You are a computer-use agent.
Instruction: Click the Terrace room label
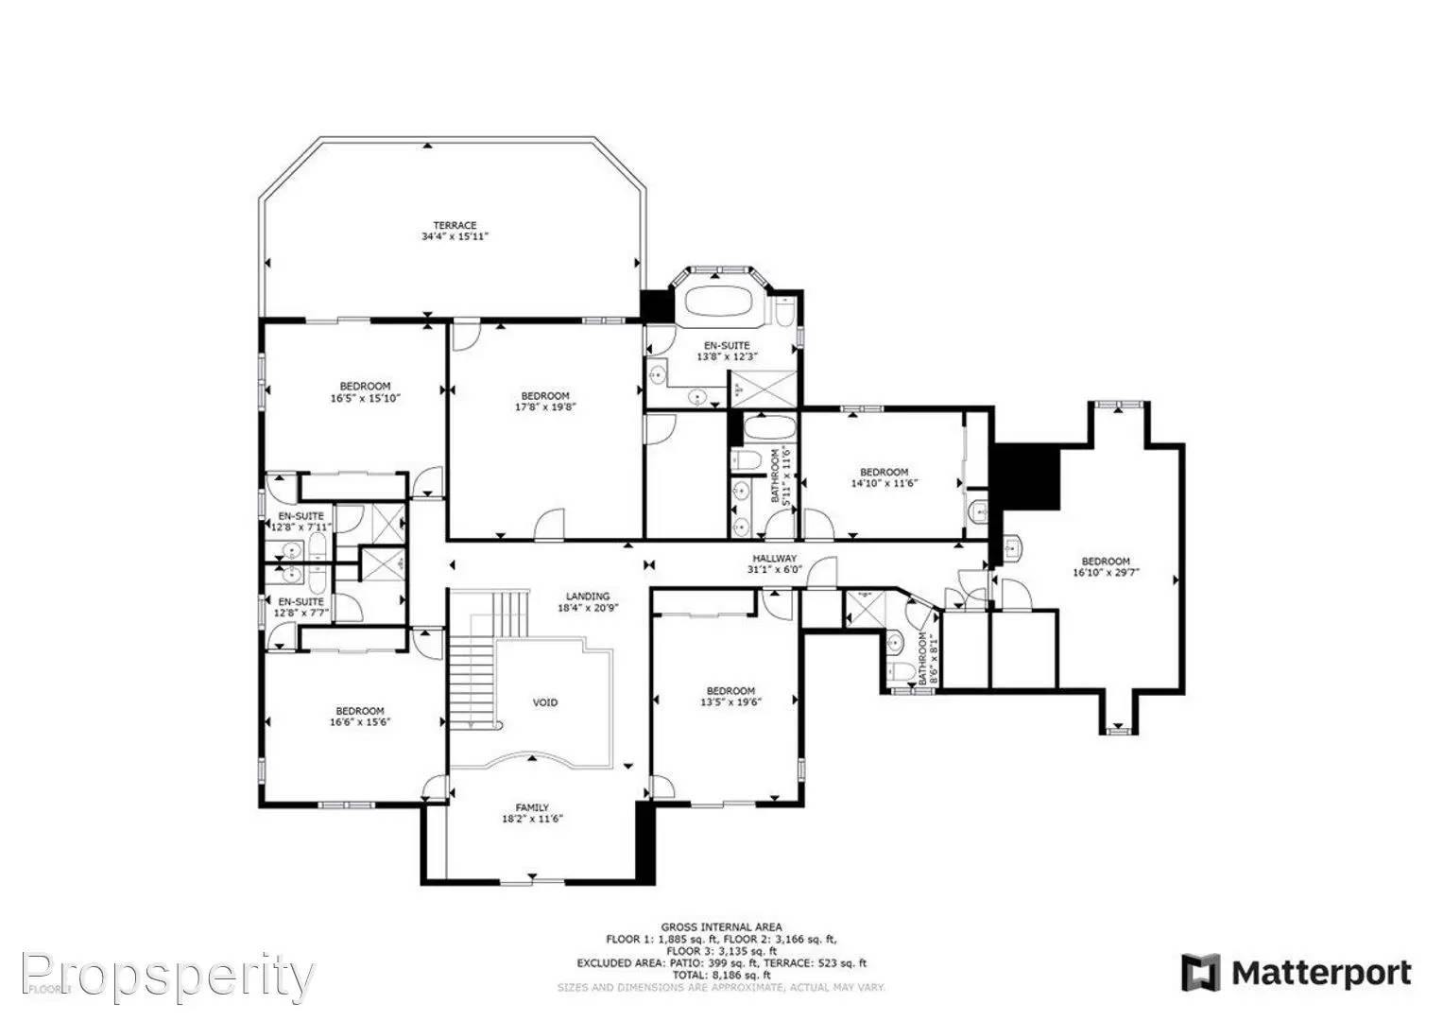pos(455,225)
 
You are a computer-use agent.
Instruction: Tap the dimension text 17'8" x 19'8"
pos(545,407)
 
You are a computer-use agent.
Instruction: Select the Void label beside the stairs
pos(545,702)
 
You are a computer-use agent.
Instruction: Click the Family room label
pos(532,807)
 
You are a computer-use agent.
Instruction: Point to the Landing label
pos(588,597)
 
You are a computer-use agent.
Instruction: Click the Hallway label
pos(775,559)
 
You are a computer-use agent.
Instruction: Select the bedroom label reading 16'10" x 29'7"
pos(1106,561)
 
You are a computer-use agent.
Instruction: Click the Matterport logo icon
pos(1200,973)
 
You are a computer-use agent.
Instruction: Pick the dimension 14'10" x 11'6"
pos(884,483)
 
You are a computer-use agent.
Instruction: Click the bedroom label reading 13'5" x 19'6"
pos(730,691)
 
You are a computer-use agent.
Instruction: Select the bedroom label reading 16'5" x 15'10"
pos(365,386)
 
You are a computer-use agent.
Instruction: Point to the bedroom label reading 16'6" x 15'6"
pos(360,711)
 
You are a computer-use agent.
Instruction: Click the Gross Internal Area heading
pos(721,927)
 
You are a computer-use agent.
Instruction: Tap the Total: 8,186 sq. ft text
pos(721,975)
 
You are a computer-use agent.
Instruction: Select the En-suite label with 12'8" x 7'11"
pos(301,516)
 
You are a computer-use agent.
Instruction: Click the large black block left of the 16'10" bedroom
pos(1028,477)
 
